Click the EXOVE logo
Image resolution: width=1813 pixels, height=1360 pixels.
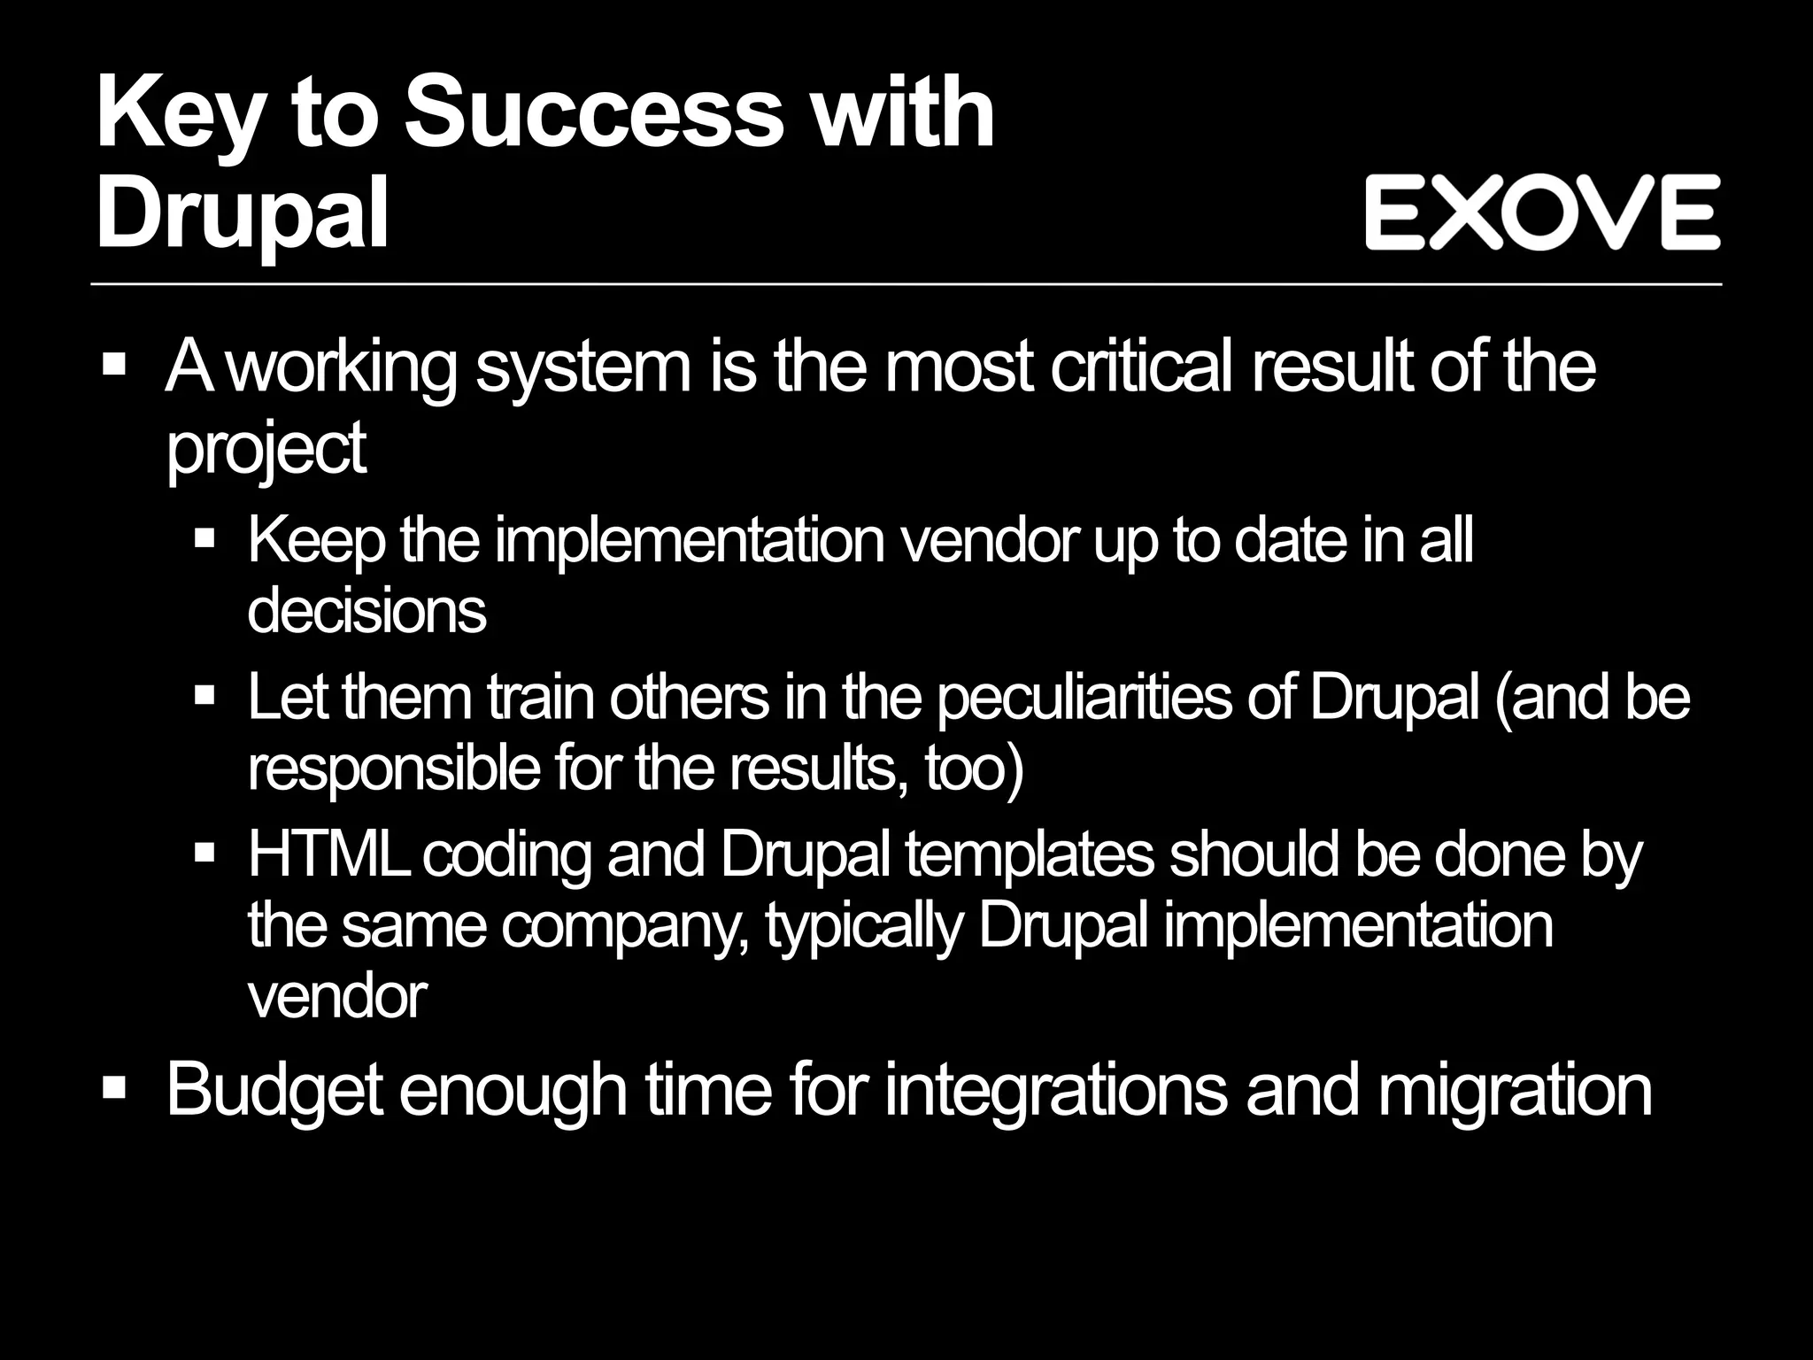point(1542,212)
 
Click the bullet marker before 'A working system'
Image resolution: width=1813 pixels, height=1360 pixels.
point(114,364)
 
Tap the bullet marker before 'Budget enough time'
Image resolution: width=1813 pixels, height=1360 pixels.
point(114,1087)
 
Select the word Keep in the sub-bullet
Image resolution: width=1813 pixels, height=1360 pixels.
point(316,539)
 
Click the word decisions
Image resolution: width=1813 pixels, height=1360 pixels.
point(366,610)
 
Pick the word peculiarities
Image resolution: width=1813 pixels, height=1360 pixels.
point(1084,698)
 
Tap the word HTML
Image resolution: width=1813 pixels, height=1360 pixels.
point(328,854)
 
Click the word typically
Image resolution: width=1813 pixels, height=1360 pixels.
point(863,926)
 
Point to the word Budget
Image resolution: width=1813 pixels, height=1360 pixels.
point(274,1089)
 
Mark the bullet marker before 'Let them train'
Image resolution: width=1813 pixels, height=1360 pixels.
point(204,696)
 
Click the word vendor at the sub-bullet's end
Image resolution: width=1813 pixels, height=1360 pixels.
point(337,997)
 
